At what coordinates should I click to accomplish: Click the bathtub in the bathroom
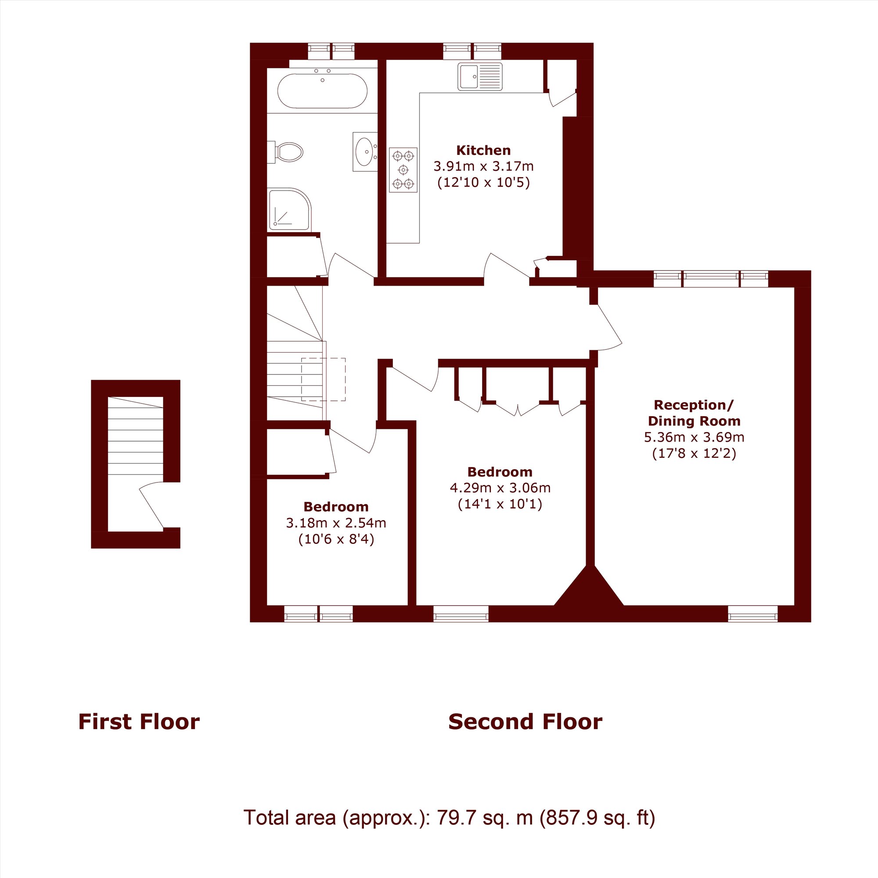pos(322,91)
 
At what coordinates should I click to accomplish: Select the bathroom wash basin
pos(365,152)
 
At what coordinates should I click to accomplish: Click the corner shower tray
pos(290,209)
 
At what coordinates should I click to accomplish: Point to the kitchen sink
pos(480,76)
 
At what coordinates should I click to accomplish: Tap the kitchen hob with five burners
pos(403,169)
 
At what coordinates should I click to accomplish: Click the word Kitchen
pos(483,151)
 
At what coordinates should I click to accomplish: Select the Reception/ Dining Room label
pos(694,413)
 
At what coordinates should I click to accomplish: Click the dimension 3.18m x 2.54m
pos(336,523)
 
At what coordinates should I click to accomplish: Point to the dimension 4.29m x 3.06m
pos(500,488)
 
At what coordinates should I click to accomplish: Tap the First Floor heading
pos(139,722)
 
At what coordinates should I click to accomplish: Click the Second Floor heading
pos(525,722)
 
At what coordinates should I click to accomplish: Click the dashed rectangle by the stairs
pos(324,379)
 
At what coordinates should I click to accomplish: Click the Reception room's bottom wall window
pos(753,617)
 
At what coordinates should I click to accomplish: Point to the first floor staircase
pos(135,435)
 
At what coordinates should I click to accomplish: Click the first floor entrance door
pos(151,506)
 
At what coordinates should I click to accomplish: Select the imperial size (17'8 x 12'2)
pos(694,453)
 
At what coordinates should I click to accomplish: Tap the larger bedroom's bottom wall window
pos(461,617)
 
